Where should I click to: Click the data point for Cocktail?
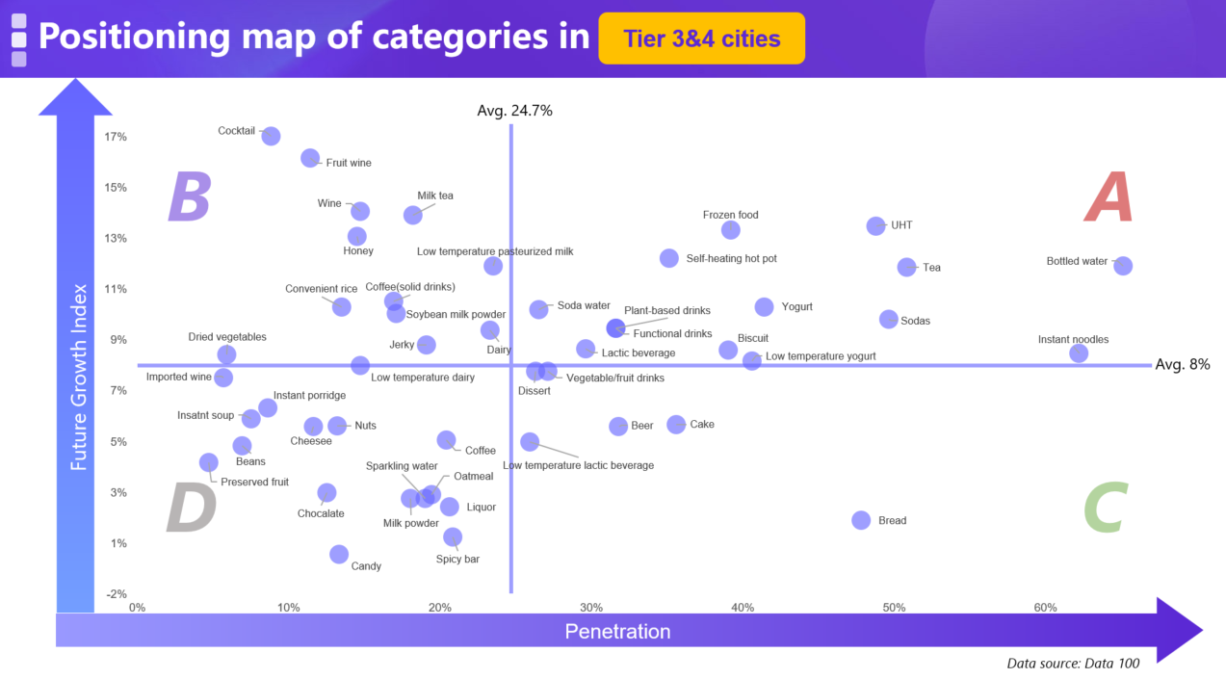pyautogui.click(x=271, y=136)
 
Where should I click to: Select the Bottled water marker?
pyautogui.click(x=1123, y=265)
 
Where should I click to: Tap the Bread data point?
pyautogui.click(x=861, y=519)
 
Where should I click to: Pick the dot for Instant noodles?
pyautogui.click(x=1079, y=353)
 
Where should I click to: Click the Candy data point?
pyautogui.click(x=339, y=554)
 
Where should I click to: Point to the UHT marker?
pyautogui.click(x=875, y=225)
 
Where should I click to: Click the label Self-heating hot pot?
pyautogui.click(x=731, y=259)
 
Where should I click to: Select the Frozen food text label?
pyautogui.click(x=730, y=215)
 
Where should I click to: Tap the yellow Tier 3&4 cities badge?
pyautogui.click(x=701, y=39)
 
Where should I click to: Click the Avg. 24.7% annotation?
pyautogui.click(x=514, y=111)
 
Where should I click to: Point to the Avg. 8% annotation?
pyautogui.click(x=1183, y=365)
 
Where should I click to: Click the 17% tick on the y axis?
pyautogui.click(x=116, y=137)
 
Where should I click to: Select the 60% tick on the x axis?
pyautogui.click(x=1045, y=608)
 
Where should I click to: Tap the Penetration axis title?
pyautogui.click(x=616, y=632)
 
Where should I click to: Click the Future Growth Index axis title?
pyautogui.click(x=79, y=377)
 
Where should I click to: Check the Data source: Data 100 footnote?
pyautogui.click(x=1072, y=664)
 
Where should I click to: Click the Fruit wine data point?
pyautogui.click(x=310, y=158)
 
